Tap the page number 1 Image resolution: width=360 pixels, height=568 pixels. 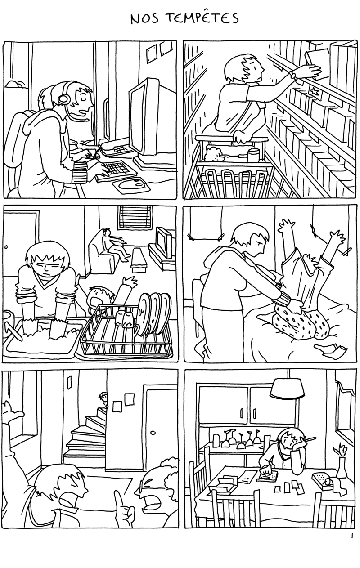click(352, 536)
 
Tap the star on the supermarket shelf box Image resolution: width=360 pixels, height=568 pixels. click(315, 92)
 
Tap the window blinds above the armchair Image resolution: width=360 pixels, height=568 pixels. click(135, 217)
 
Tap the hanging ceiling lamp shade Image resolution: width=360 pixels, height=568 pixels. click(287, 389)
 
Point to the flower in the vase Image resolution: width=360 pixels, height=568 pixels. click(340, 450)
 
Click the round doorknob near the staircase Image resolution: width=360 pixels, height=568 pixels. click(153, 432)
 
